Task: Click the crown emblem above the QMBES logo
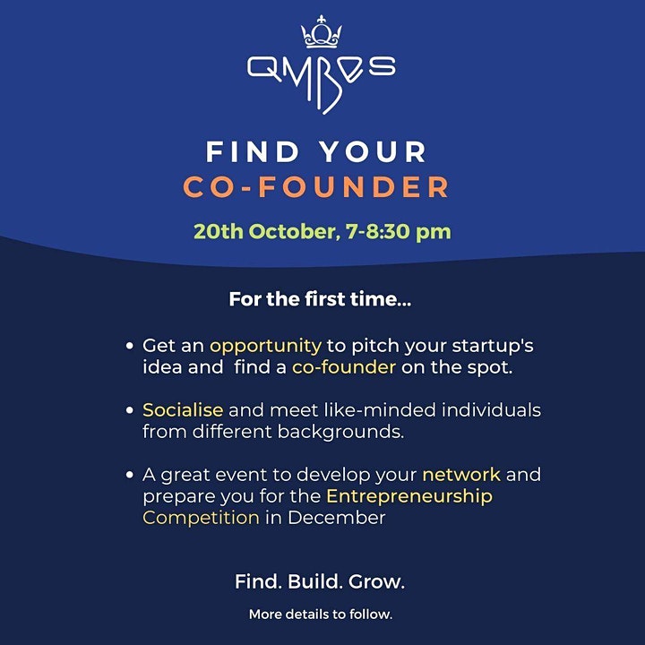click(x=322, y=32)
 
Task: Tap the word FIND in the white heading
click(x=253, y=151)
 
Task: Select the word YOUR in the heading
click(x=374, y=151)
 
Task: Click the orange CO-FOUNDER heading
click(x=316, y=187)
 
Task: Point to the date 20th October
click(x=265, y=232)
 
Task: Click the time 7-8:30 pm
click(x=398, y=232)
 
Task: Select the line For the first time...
click(x=320, y=299)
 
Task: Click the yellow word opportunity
click(x=266, y=347)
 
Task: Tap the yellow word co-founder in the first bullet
click(x=344, y=367)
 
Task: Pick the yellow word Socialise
click(x=183, y=410)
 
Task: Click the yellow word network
click(x=461, y=475)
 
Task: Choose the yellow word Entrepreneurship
click(x=409, y=496)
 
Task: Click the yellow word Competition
click(x=202, y=518)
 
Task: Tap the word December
click(x=337, y=518)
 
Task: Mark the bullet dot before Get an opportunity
click(x=130, y=346)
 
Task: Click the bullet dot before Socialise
click(x=130, y=410)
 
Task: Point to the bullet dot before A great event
click(x=130, y=475)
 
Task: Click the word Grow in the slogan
click(x=377, y=581)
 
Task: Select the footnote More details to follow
click(x=321, y=615)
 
